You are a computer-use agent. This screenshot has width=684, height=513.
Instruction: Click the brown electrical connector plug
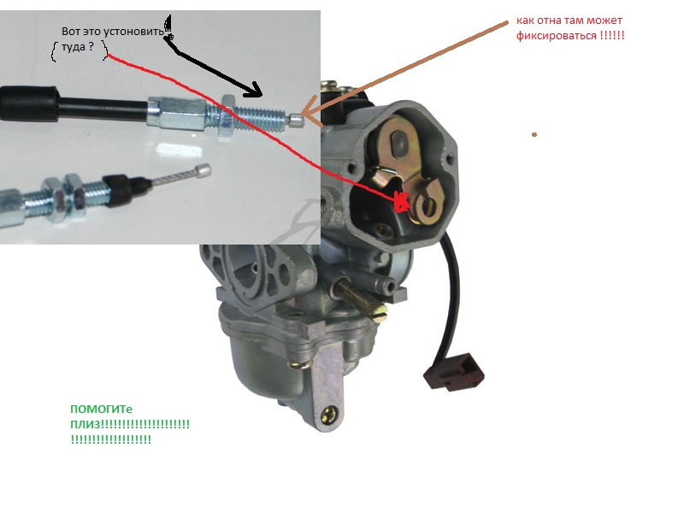454,371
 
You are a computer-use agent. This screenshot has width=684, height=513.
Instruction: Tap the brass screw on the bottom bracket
331,415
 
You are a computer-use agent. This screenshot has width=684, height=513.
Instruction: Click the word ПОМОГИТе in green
101,410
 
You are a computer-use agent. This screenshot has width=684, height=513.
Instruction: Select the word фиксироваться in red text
557,35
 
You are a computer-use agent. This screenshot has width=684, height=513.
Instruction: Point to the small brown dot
534,135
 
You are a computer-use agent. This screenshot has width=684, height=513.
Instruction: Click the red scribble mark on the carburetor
401,202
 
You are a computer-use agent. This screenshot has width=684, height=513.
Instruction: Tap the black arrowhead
253,91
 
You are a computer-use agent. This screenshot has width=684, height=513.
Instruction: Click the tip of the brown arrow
303,115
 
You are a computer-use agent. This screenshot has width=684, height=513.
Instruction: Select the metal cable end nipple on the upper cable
296,120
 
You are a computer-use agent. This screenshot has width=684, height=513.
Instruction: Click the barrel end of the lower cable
203,170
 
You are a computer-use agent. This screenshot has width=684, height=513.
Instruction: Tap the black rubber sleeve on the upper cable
29,103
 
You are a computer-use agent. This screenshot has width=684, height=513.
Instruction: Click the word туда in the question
73,47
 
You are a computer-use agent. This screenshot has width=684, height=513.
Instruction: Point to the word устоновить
133,32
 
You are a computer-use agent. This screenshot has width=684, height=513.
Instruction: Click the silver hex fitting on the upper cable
177,114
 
